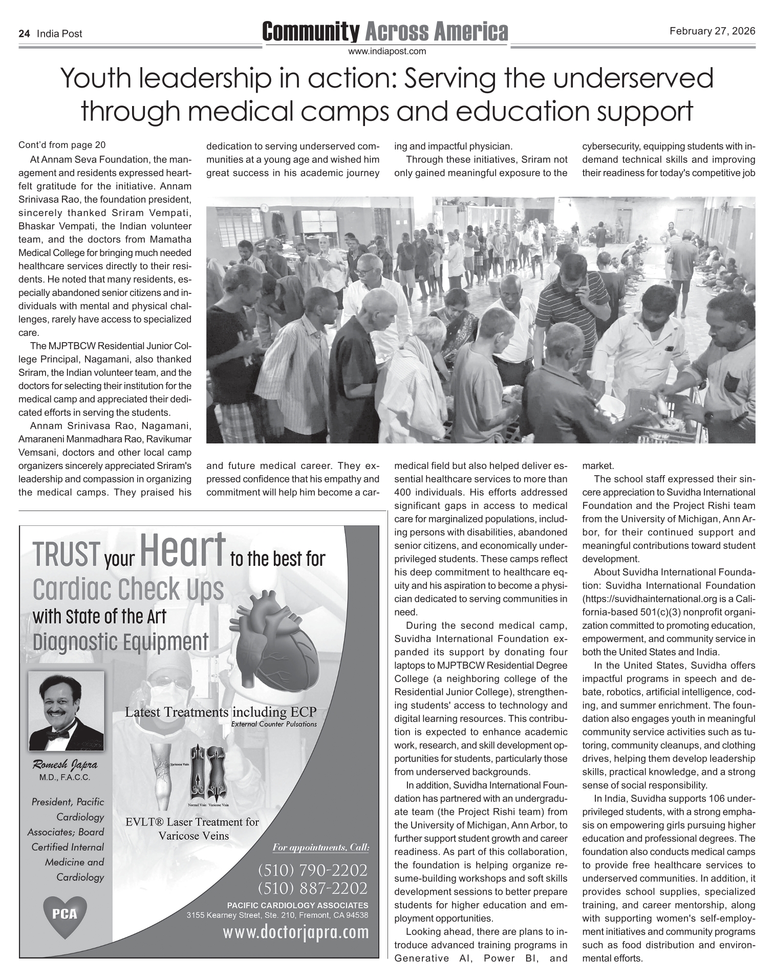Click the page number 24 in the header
(x=24, y=34)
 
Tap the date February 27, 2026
(x=712, y=31)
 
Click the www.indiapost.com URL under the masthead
(x=387, y=51)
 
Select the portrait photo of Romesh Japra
(x=66, y=712)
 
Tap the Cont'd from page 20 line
(x=62, y=145)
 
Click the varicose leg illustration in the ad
(x=164, y=776)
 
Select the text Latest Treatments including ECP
(x=221, y=712)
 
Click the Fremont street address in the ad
(x=277, y=915)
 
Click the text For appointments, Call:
(x=320, y=847)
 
